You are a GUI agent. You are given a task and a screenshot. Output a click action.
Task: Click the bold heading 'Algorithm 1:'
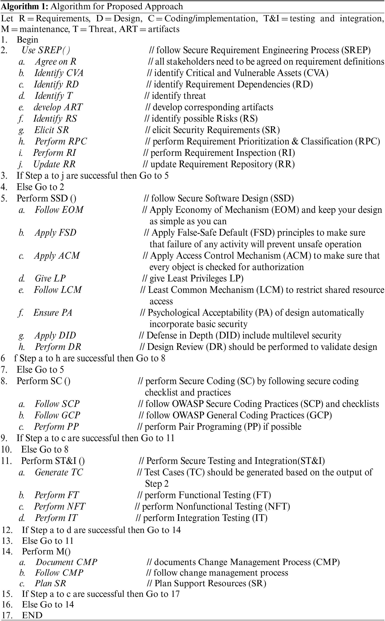24,6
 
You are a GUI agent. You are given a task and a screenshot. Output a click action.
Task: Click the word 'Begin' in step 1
28,40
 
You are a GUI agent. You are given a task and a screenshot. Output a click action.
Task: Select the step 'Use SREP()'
46,50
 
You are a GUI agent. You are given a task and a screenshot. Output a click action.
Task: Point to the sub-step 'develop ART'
58,107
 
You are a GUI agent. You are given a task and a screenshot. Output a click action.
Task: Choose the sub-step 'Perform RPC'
61,141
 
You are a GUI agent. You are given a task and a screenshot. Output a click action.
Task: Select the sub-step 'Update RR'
54,164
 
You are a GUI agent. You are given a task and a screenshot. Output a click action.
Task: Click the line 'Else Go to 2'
40,187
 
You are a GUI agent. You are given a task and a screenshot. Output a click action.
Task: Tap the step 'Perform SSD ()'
46,198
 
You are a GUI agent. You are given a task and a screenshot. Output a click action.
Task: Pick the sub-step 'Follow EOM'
59,210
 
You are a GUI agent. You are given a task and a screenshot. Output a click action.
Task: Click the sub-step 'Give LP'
50,278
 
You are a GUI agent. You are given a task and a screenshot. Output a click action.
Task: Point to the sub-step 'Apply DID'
55,336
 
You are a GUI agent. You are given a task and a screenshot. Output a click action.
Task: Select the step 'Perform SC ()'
44,381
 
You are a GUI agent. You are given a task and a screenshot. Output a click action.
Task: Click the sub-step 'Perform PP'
57,427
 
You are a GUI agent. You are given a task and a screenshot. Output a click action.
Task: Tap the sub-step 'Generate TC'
59,472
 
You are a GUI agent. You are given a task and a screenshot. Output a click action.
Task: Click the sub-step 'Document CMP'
66,562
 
